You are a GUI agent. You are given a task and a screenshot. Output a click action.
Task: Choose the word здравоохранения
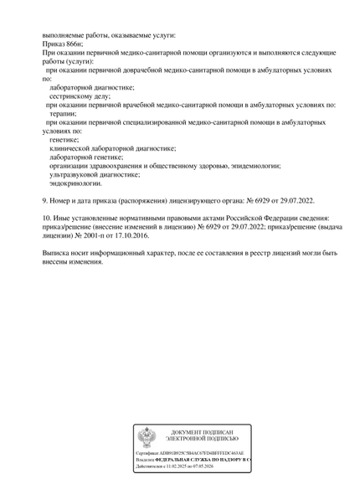pos(117,165)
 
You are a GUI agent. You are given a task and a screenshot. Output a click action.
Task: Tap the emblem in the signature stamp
pos(147,436)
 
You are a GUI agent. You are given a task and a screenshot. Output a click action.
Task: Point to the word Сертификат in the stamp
pos(149,452)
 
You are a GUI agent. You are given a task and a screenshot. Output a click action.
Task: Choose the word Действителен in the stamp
pos(152,467)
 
